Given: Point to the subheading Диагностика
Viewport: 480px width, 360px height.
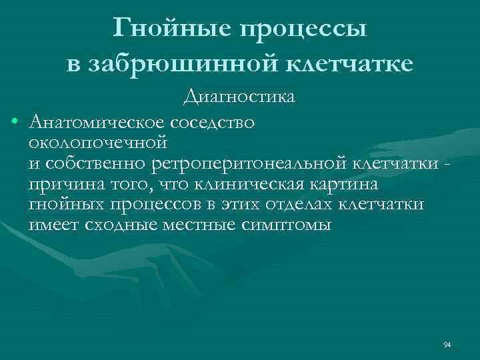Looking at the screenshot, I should [239, 97].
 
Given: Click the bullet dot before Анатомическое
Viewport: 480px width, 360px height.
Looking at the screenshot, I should [14, 122].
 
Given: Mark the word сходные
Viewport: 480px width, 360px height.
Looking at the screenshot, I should [119, 225].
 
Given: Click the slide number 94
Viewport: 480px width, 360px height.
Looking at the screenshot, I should [447, 345].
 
